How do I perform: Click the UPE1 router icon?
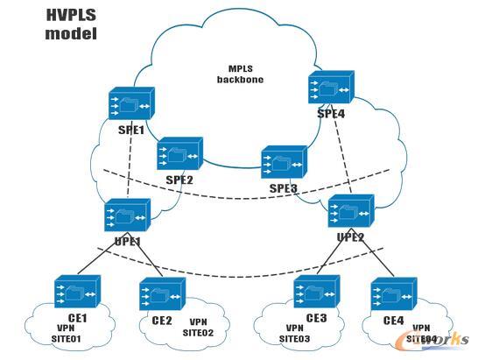click(x=127, y=215)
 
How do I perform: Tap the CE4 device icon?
click(x=391, y=296)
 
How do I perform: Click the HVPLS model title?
click(x=73, y=25)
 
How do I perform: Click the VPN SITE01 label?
click(x=62, y=333)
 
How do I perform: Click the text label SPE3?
click(x=284, y=188)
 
